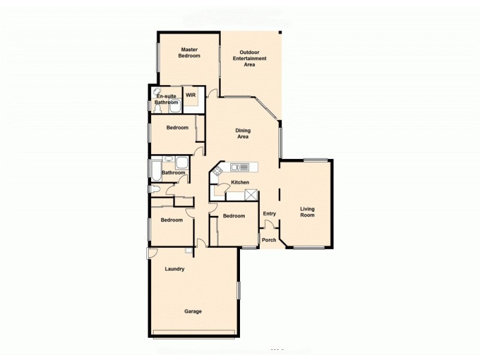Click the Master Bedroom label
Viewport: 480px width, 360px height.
tap(190, 53)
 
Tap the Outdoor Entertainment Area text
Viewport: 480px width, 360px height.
tap(250, 58)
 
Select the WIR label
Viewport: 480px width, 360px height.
tap(191, 95)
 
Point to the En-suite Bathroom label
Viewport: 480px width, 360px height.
tap(166, 99)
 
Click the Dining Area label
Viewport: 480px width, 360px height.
tap(243, 133)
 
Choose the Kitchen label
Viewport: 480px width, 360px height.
tap(240, 182)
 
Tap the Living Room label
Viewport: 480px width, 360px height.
tap(307, 212)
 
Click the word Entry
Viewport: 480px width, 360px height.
tap(269, 214)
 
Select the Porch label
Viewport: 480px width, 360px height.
tap(269, 240)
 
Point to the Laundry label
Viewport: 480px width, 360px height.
tap(175, 269)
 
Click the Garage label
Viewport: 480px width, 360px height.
tap(193, 311)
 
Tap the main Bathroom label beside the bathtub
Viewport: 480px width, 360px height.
tap(173, 173)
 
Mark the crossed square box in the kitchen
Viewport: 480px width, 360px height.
tap(251, 194)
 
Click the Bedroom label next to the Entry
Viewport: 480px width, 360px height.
tap(233, 216)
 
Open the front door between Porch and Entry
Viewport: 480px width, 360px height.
tap(271, 225)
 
